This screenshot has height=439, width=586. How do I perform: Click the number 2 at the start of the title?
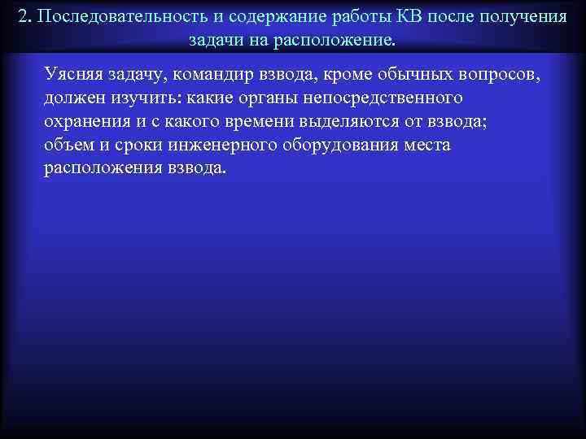pos(23,17)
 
